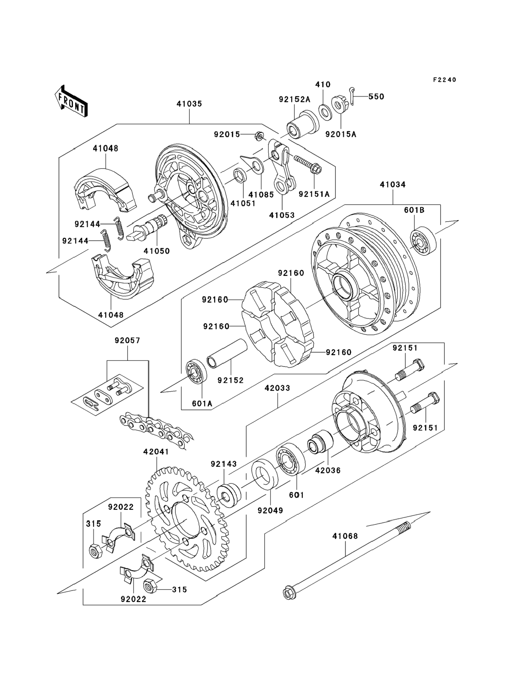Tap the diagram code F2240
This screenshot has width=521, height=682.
[444, 80]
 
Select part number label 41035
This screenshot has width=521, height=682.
[189, 104]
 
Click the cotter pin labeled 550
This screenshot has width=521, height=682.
[353, 96]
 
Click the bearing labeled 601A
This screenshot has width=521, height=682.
[196, 372]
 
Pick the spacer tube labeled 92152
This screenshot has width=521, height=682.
[227, 354]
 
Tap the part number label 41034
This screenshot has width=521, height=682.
[392, 185]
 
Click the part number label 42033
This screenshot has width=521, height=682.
[277, 388]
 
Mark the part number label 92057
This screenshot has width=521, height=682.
[127, 340]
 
